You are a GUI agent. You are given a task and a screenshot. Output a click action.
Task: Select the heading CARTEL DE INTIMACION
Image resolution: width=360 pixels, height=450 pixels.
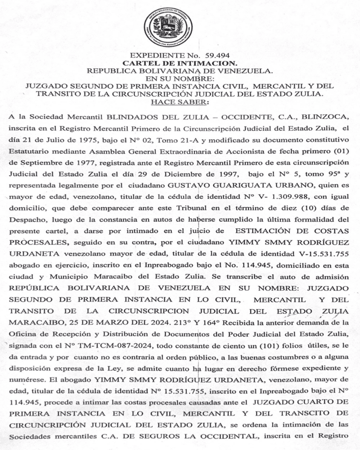point(180,63)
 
